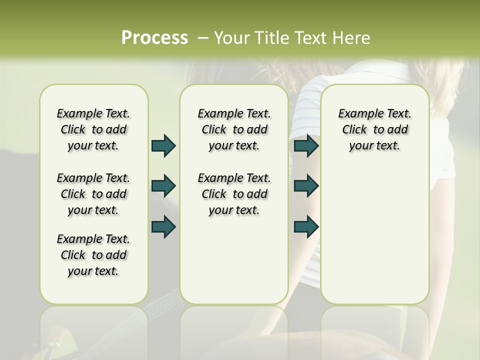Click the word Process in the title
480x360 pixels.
(x=154, y=37)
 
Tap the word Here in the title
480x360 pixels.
(x=352, y=37)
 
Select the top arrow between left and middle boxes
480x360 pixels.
(x=163, y=145)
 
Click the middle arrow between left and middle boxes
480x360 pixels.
(x=163, y=186)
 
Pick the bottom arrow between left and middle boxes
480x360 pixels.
(x=163, y=226)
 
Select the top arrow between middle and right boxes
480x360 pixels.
(x=306, y=145)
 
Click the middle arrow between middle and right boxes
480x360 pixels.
(x=306, y=186)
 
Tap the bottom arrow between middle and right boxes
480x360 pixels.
(x=306, y=226)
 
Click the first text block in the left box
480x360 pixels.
(x=93, y=129)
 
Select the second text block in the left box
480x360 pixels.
(x=93, y=194)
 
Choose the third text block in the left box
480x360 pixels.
(x=93, y=255)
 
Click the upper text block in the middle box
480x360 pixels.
(x=234, y=129)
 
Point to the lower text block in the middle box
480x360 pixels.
(x=234, y=194)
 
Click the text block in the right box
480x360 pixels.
(x=374, y=129)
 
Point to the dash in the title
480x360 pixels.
(x=202, y=37)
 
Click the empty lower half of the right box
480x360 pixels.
(x=374, y=240)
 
